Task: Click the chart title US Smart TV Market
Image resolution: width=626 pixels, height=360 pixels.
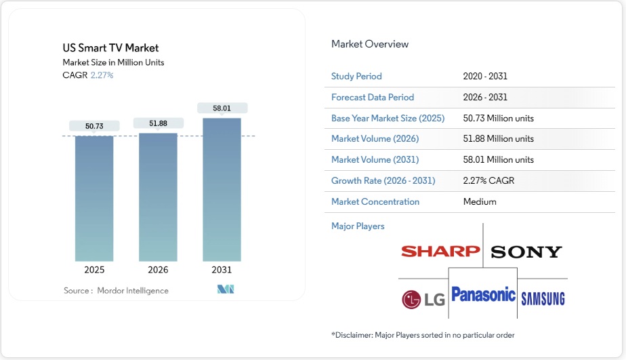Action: pos(110,48)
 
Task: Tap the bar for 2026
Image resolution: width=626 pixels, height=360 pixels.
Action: pos(158,197)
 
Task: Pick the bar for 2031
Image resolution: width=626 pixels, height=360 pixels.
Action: pos(222,190)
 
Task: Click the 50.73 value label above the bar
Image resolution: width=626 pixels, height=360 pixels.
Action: pos(94,126)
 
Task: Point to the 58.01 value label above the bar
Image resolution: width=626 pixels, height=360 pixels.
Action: pos(222,108)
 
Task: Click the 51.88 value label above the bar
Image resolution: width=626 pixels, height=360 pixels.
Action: pos(158,123)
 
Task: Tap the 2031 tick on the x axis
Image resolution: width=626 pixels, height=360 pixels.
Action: pos(222,270)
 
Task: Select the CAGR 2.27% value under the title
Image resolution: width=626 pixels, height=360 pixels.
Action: pos(102,75)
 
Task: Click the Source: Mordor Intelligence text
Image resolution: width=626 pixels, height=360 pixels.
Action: pos(116,290)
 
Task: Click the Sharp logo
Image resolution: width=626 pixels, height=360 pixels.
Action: pos(440,252)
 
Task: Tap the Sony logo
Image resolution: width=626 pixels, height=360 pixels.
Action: pos(526,252)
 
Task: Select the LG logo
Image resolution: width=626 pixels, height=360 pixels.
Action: pos(423,299)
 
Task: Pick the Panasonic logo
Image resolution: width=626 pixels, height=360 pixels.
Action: pos(483,295)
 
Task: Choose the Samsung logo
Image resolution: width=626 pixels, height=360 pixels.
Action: pos(543,299)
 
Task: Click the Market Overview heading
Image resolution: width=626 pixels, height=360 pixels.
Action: pos(370,44)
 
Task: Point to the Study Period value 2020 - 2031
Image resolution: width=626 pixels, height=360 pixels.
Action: pos(485,77)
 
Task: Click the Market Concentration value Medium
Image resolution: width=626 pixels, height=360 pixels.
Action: pos(480,201)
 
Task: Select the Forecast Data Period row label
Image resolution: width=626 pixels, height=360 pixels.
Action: pos(373,97)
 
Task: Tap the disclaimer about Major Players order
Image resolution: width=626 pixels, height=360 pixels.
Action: pos(423,335)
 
